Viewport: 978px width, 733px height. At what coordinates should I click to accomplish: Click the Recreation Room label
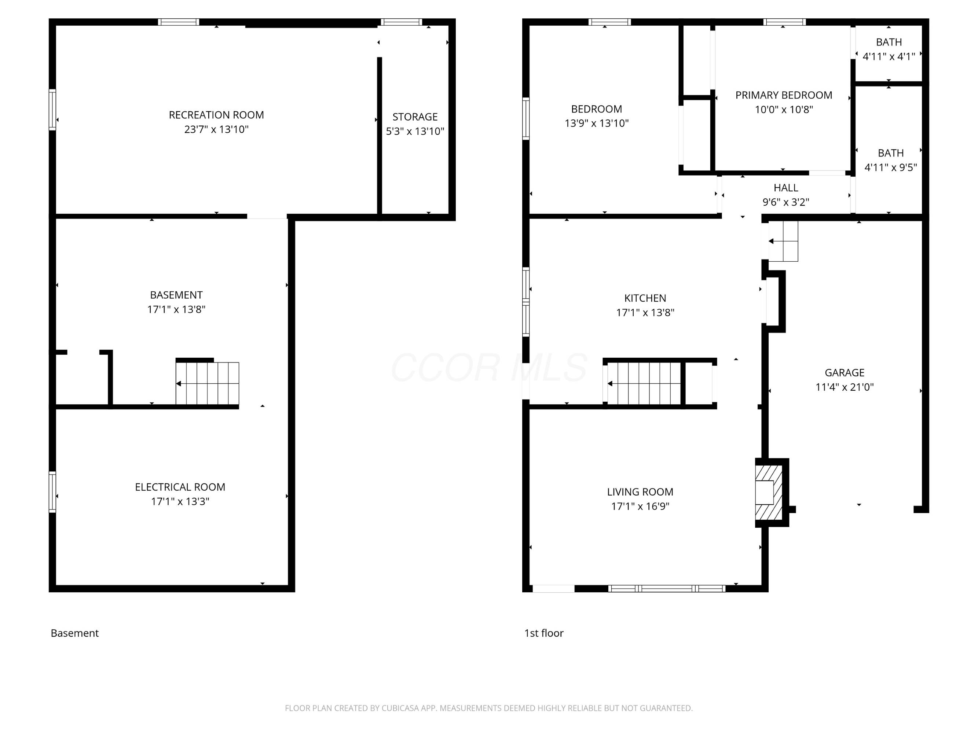point(216,115)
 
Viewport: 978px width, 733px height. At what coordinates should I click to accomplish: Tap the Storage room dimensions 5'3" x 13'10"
point(415,131)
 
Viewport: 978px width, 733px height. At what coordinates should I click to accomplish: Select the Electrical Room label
point(180,487)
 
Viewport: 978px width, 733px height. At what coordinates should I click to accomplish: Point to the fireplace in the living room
point(769,492)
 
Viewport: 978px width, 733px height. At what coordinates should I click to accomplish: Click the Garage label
point(845,372)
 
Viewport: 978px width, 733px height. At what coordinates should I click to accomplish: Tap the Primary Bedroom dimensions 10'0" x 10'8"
point(783,110)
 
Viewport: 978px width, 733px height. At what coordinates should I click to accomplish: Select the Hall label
point(786,188)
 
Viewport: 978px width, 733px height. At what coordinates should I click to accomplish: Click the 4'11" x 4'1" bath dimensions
point(889,56)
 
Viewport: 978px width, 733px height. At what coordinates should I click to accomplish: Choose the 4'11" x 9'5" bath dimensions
point(890,167)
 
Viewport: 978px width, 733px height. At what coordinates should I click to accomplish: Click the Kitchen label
point(645,298)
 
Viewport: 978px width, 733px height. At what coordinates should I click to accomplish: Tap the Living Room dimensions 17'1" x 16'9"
point(640,507)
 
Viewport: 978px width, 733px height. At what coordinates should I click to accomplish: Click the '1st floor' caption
point(544,633)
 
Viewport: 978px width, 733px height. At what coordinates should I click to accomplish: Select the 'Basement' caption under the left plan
point(75,633)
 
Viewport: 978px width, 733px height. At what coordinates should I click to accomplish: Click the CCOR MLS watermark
point(489,368)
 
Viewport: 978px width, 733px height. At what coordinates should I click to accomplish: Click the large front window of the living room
point(667,589)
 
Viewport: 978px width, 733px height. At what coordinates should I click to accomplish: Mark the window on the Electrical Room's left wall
point(52,492)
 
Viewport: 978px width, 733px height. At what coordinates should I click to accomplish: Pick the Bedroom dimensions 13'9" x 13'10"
point(596,123)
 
